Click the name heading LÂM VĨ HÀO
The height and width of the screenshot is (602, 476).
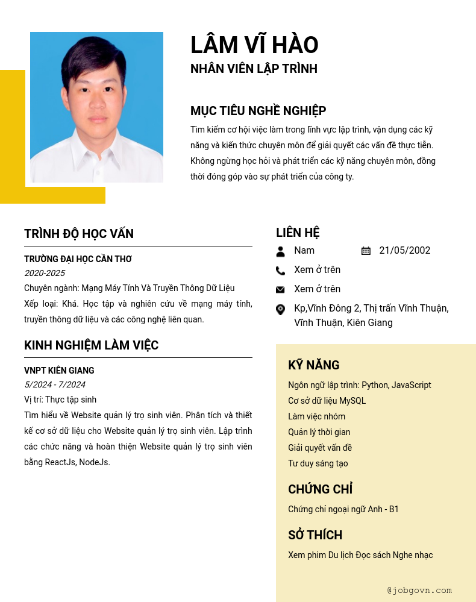(x=254, y=46)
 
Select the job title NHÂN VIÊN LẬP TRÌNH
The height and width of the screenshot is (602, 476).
(x=254, y=69)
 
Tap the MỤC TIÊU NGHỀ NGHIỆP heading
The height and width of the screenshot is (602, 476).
(x=258, y=111)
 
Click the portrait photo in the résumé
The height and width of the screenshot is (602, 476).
(x=96, y=107)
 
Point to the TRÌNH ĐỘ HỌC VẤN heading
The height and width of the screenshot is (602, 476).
(x=79, y=234)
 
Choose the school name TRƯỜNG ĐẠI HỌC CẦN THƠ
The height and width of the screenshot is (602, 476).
(x=78, y=259)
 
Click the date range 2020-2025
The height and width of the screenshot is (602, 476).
(x=45, y=273)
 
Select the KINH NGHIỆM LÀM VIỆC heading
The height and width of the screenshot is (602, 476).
(x=91, y=345)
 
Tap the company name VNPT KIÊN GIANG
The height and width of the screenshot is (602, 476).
(x=59, y=371)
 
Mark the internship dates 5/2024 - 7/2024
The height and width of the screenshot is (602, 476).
(x=55, y=384)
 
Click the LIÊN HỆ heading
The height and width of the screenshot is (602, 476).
(x=298, y=233)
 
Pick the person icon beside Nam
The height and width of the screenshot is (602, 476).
(x=280, y=251)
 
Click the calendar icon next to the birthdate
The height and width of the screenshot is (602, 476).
(x=366, y=251)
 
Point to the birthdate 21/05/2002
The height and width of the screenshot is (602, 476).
(x=404, y=251)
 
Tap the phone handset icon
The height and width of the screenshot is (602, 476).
(x=280, y=271)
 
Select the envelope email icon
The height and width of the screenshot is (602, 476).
(x=280, y=290)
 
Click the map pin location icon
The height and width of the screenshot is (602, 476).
(x=280, y=309)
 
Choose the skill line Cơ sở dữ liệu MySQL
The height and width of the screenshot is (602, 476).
(x=327, y=401)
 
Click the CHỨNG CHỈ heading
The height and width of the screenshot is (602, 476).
(x=320, y=489)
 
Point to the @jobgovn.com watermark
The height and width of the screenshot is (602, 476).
(x=419, y=591)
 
